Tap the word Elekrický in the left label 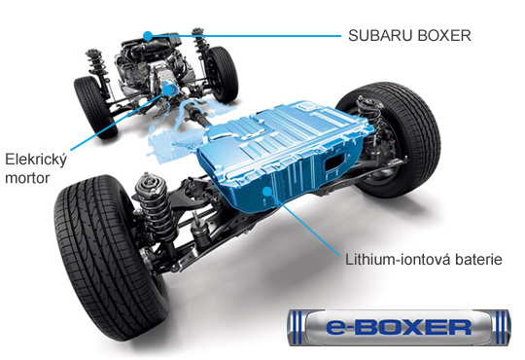(36, 161)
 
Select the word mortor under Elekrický (27, 178)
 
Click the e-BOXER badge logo (400, 328)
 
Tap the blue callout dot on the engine (148, 36)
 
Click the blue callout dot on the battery (267, 192)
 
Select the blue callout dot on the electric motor (166, 90)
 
